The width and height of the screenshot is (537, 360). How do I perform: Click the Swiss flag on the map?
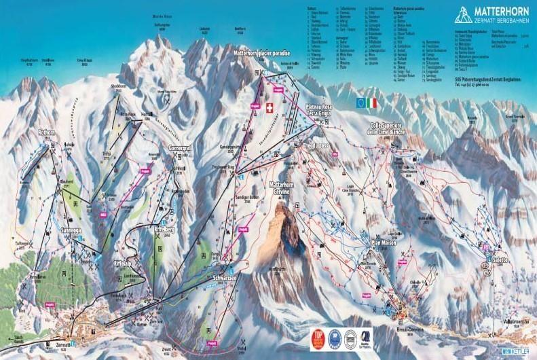tap(270, 108)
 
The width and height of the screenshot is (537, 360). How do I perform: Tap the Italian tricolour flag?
tap(371, 103)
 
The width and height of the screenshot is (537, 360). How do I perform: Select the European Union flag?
tap(360, 103)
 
